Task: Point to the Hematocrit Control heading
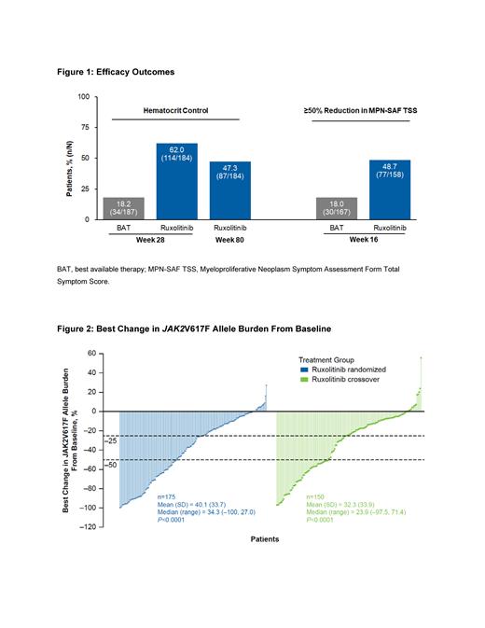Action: pos(175,110)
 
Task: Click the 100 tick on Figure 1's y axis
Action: pos(82,97)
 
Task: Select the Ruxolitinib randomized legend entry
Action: pos(347,369)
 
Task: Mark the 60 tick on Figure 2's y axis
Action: pos(91,354)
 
